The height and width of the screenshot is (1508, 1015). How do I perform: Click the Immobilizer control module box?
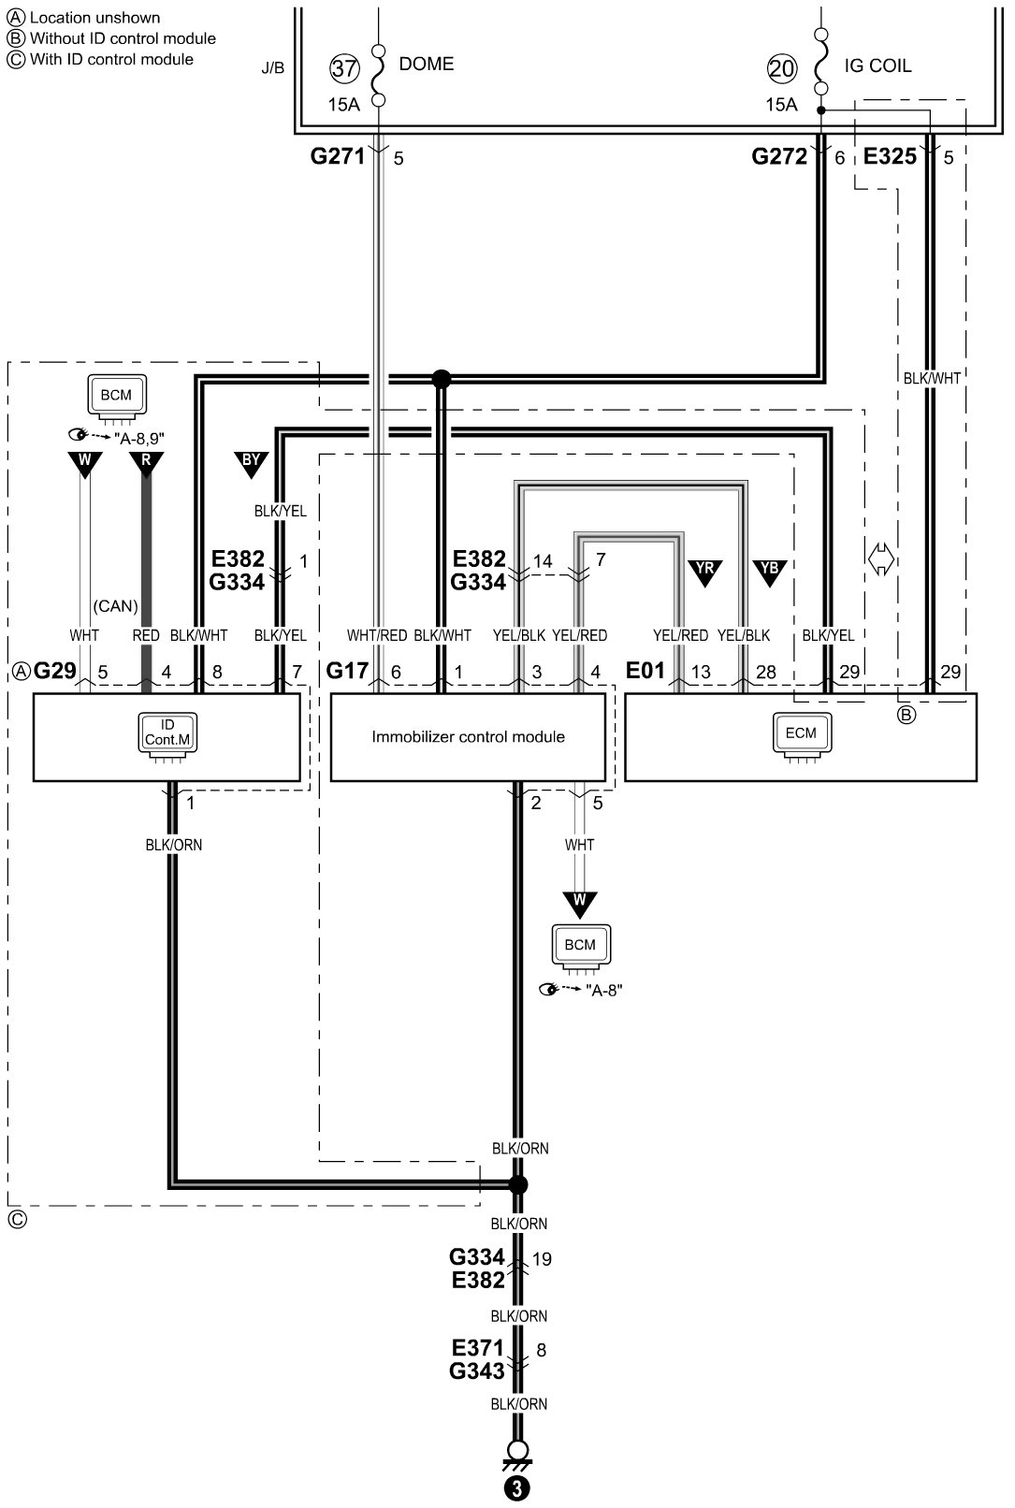[x=468, y=737]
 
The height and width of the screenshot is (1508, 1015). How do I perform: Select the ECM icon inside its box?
[x=800, y=734]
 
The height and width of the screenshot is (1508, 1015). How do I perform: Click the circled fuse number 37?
[x=344, y=67]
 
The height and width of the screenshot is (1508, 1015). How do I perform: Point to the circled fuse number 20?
[x=782, y=67]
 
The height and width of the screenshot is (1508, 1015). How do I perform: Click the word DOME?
[x=427, y=64]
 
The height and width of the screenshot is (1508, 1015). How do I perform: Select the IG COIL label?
[x=877, y=65]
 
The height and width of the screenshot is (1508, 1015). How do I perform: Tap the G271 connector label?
[x=338, y=157]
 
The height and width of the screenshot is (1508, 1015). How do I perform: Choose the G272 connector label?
[x=779, y=157]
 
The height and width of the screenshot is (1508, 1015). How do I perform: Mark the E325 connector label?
[x=890, y=157]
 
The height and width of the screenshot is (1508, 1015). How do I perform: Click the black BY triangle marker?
[x=251, y=463]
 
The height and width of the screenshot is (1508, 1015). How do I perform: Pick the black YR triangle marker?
[x=703, y=571]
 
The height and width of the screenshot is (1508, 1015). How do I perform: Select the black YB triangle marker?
[x=769, y=571]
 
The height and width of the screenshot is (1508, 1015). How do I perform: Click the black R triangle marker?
[x=147, y=463]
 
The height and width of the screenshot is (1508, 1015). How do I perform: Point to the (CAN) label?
[x=116, y=606]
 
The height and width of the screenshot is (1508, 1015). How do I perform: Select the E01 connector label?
[x=645, y=671]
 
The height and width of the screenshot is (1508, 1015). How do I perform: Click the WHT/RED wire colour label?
[x=377, y=635]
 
